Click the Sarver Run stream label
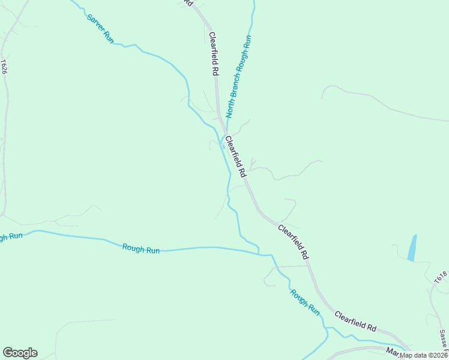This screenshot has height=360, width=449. tap(100, 28)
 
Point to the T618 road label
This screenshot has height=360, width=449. tap(441, 277)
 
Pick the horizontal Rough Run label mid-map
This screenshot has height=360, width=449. tap(141, 248)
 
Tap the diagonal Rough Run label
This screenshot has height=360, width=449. tap(305, 302)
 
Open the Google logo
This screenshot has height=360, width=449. tap(20, 353)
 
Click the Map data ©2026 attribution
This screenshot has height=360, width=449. tap(423, 355)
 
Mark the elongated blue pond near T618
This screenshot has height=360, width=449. tap(412, 247)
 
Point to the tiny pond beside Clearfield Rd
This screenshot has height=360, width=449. tap(223, 146)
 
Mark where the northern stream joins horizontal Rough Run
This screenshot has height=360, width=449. tap(265, 254)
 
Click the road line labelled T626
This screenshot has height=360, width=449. tap(6, 120)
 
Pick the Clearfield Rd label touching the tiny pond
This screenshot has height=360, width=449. tap(235, 155)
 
